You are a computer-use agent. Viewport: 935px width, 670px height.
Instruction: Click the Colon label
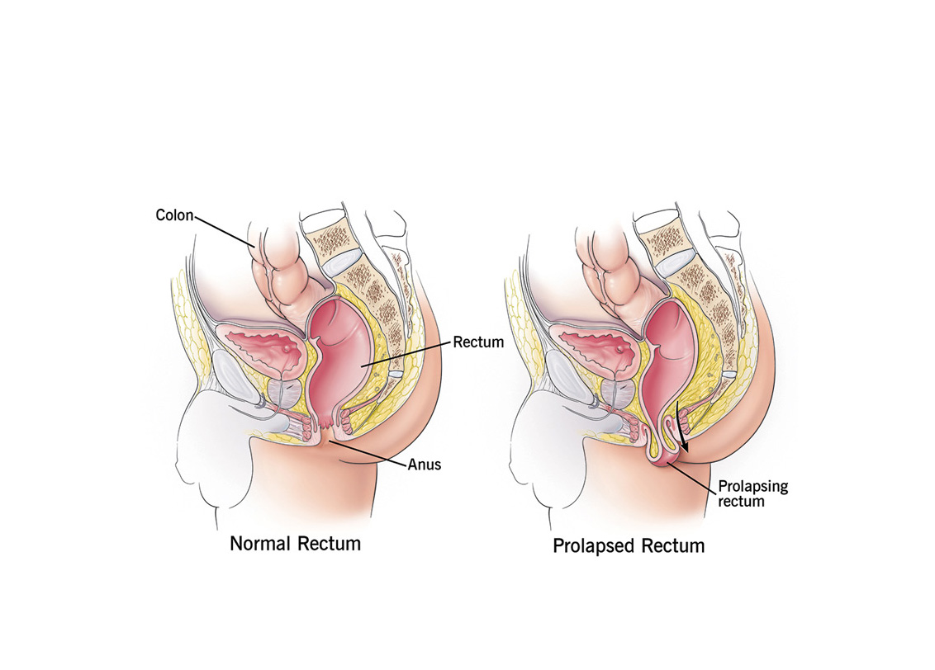(x=174, y=215)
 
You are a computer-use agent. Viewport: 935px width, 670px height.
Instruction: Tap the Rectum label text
(x=478, y=342)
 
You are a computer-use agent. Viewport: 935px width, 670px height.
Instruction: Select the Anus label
(x=425, y=465)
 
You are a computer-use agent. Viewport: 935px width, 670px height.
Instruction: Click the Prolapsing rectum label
(x=752, y=493)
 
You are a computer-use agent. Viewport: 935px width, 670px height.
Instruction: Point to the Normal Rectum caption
(x=295, y=544)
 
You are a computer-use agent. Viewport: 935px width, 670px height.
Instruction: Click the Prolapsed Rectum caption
(x=629, y=545)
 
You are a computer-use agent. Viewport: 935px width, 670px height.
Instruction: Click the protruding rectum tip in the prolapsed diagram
(x=665, y=460)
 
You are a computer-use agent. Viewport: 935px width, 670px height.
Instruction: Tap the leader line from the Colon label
(x=225, y=232)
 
